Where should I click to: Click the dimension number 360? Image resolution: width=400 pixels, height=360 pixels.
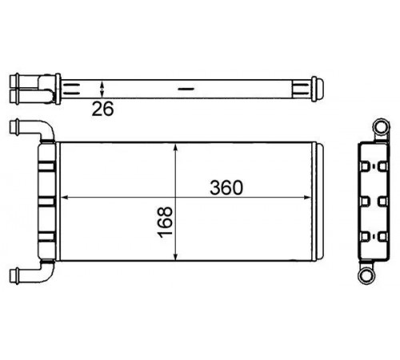tap(226, 187)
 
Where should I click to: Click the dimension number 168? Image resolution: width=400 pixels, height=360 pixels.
tap(165, 222)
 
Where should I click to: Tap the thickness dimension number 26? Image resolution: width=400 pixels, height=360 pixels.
tap(102, 109)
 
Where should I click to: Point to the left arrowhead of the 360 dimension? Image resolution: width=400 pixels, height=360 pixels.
tap(65, 198)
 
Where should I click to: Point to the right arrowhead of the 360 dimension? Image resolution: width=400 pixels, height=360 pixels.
tap(307, 198)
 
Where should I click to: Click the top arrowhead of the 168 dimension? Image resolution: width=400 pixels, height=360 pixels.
tap(175, 148)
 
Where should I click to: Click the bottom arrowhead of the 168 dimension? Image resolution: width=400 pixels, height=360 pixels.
tap(175, 256)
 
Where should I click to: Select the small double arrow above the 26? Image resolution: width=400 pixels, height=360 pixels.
tap(102, 90)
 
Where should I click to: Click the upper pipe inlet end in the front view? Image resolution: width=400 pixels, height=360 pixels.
tap(14, 126)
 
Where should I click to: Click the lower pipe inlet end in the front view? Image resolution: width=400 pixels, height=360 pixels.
tap(14, 275)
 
